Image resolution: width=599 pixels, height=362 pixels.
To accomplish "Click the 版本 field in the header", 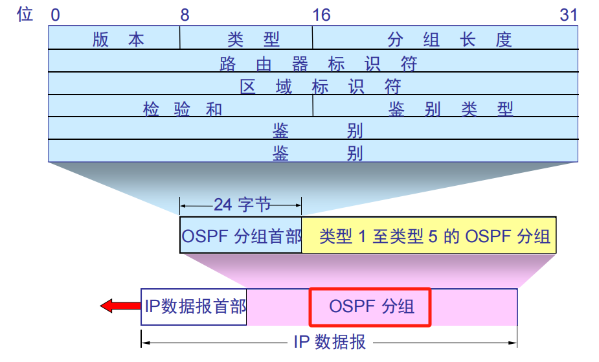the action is click(114, 38).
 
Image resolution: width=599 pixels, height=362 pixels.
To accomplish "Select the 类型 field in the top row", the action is click(246, 38).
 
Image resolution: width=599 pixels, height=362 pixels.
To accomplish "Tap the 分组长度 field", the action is click(445, 38).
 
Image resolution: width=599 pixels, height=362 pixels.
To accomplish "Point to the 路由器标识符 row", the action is click(313, 61).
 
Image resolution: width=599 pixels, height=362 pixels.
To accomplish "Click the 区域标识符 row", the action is click(313, 84).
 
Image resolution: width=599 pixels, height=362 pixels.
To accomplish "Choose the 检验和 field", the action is click(180, 106).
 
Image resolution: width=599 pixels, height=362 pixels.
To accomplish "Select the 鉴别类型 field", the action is click(446, 106).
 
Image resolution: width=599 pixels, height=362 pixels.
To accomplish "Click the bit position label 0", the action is click(56, 16).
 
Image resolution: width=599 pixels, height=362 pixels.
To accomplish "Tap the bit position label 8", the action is click(185, 16).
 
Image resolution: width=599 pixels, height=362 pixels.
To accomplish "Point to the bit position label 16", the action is click(321, 16).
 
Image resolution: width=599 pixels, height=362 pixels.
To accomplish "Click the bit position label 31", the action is click(569, 16).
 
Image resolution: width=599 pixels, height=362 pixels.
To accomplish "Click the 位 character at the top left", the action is click(25, 14).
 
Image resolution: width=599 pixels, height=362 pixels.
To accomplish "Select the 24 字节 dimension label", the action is click(242, 205).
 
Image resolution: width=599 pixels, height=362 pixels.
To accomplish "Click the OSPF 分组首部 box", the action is click(241, 235).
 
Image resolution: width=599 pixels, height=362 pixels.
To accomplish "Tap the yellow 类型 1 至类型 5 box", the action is click(429, 235).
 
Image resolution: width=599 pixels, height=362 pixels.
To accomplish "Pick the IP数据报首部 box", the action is click(194, 306).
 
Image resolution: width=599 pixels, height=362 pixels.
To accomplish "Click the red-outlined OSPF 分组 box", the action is click(370, 307).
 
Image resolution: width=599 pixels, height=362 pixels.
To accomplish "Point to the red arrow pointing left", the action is click(120, 306).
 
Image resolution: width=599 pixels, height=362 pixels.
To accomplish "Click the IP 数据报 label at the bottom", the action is click(330, 342).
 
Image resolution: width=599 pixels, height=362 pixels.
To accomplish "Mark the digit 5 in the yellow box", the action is click(433, 236).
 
